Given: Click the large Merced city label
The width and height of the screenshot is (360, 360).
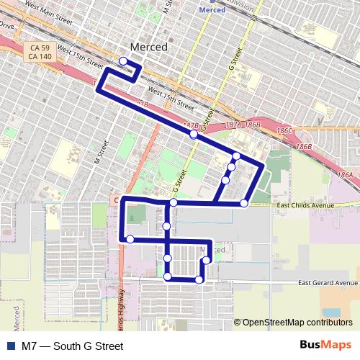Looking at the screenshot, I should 148,47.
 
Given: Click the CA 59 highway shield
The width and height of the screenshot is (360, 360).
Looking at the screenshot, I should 32,48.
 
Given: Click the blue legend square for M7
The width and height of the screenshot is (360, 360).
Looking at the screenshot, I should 9,346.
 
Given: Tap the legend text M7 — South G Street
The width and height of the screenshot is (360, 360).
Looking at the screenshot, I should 67,346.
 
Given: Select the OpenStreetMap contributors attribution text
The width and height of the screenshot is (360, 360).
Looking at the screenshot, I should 297,323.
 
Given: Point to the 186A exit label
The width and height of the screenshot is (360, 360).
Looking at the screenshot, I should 345,175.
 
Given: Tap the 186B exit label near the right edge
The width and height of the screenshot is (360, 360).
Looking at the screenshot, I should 305,146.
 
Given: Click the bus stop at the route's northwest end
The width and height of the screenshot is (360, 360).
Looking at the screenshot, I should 124,61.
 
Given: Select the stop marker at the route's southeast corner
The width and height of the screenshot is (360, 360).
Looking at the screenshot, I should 199,279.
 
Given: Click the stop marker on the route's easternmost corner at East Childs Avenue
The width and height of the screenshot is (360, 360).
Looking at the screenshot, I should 244,204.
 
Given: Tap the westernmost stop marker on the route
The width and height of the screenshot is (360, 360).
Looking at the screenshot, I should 130,239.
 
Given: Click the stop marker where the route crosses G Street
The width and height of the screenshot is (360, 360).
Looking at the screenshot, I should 193,134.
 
